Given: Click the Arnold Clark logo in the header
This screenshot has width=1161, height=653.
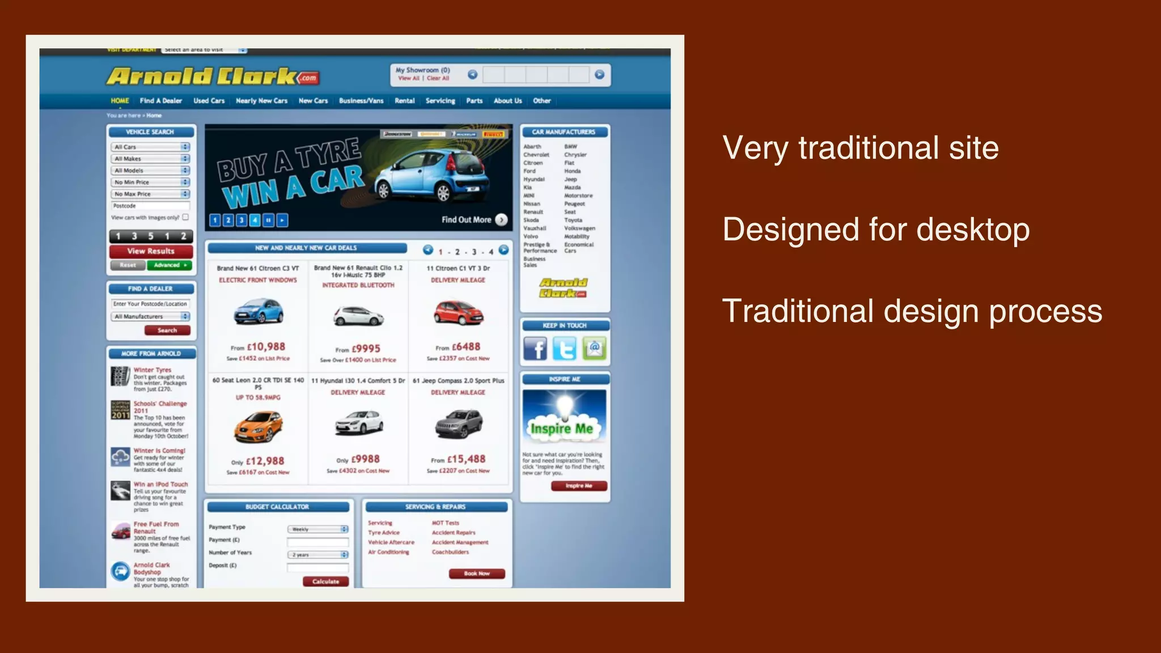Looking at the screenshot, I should [x=213, y=77].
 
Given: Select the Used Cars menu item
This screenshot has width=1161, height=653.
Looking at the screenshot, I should [x=209, y=101].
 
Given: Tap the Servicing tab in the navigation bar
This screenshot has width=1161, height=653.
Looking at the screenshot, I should [x=440, y=101].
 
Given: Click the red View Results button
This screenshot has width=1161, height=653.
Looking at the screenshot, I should [x=151, y=251].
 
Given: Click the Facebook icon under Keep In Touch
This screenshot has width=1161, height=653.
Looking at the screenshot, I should [x=535, y=349].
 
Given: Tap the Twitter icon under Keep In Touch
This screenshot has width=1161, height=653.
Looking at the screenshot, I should [x=565, y=349].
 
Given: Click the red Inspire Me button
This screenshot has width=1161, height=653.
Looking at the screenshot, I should [x=579, y=486].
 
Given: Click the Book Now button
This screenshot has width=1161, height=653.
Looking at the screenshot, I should [x=477, y=574].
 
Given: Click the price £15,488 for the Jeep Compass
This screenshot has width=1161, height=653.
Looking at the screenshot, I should [x=466, y=459].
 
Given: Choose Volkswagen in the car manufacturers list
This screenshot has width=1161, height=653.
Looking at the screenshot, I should [x=579, y=228].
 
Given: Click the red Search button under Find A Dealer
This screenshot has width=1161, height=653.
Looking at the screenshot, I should [x=167, y=330].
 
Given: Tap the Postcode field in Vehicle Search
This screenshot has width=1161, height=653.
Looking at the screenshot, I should [x=150, y=206].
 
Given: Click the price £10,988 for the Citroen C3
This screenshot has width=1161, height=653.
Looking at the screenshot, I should [x=266, y=347].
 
